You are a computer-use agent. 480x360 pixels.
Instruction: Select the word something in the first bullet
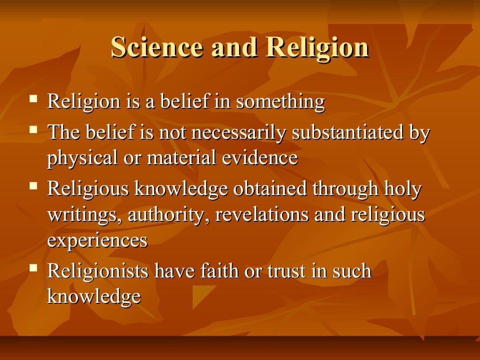(x=280, y=102)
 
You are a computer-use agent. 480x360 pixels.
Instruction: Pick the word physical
(x=82, y=158)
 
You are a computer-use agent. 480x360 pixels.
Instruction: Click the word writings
(x=84, y=215)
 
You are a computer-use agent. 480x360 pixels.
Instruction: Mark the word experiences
(x=97, y=240)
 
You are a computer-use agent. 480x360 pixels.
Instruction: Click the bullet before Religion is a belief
(x=33, y=99)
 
